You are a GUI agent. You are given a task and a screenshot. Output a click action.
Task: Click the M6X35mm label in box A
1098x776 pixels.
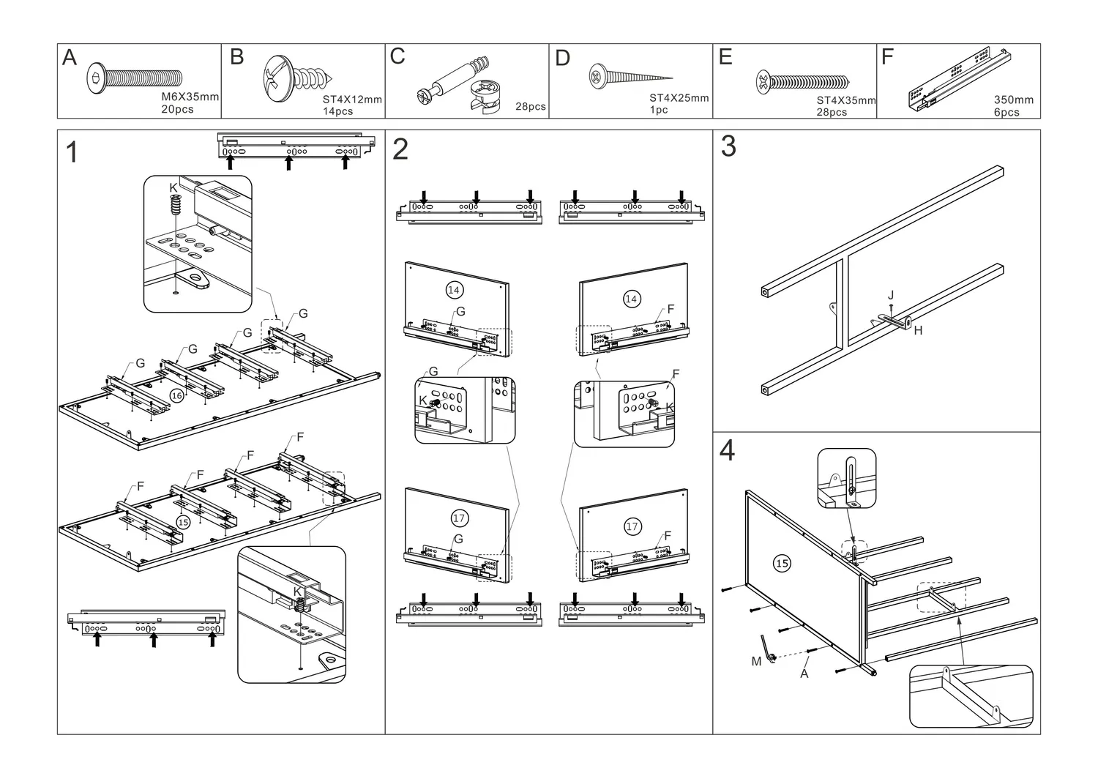coord(190,97)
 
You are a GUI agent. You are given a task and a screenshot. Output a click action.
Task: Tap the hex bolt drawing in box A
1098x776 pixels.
coord(134,78)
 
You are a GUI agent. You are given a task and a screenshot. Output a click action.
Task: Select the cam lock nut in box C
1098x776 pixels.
coord(486,97)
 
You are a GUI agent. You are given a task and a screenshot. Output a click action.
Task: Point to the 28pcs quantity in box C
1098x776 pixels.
coord(531,106)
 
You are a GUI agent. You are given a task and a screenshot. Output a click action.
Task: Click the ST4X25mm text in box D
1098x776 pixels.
coord(679,97)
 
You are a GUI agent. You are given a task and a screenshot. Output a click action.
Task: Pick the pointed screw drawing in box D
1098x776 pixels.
coord(631,77)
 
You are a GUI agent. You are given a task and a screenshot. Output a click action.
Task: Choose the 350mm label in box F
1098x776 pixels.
coord(1014,100)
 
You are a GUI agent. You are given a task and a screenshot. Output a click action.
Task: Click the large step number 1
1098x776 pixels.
coord(72,152)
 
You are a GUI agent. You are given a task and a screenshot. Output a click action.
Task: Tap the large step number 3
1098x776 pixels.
coord(728,146)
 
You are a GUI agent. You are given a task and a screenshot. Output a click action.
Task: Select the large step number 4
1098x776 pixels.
coord(727,450)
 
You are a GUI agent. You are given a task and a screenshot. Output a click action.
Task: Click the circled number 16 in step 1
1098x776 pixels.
coord(176,395)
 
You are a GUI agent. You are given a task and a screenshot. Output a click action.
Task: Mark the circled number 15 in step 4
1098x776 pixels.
coord(782,563)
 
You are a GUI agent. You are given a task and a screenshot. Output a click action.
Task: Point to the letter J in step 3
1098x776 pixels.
coord(891,295)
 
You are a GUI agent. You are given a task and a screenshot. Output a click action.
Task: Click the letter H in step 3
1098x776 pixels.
coord(918,330)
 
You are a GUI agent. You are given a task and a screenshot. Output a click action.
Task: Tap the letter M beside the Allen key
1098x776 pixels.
coord(756,661)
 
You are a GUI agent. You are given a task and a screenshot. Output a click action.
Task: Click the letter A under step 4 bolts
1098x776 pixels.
coord(804,674)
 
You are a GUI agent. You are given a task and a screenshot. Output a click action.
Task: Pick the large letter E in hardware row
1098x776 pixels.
coord(725,57)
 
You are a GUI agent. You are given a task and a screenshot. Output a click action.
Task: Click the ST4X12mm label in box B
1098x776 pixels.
coord(352,100)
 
